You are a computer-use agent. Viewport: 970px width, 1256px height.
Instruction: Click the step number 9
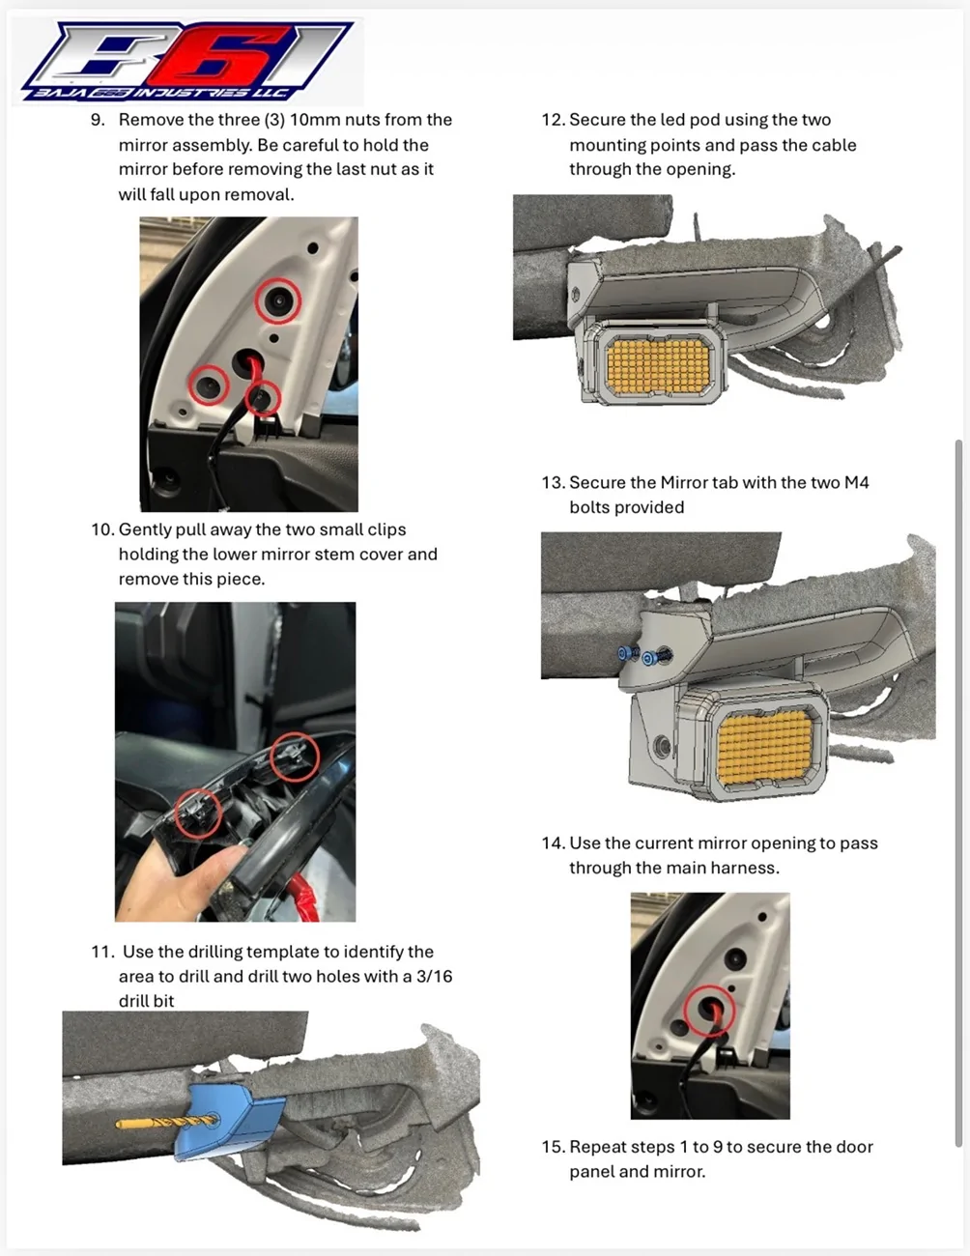click(97, 120)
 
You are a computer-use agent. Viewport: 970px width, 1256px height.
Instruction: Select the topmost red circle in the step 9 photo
click(278, 302)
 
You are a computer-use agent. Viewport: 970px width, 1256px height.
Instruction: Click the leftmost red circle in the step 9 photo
click(208, 385)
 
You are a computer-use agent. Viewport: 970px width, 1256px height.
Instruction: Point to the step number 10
click(101, 529)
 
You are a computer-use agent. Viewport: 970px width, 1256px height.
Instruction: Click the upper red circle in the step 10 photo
click(294, 756)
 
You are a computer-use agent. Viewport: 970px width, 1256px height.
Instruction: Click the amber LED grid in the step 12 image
click(657, 362)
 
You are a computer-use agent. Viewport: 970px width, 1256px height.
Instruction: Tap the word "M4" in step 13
click(856, 482)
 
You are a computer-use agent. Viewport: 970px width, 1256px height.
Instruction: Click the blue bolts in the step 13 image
click(640, 656)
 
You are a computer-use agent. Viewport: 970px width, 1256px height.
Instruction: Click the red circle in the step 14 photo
click(710, 1011)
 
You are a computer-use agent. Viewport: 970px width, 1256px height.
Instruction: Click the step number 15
click(553, 1147)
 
